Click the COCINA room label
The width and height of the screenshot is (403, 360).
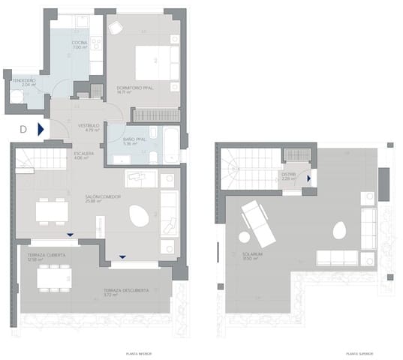point(80,43)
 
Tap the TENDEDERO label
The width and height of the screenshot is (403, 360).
point(23,80)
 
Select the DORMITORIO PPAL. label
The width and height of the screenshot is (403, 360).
point(135,88)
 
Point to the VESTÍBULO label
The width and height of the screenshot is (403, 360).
point(89,126)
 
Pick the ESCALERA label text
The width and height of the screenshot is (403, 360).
point(83,153)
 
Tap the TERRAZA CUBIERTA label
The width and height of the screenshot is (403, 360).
point(47,256)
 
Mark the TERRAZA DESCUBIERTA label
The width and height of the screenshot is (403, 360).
point(125,290)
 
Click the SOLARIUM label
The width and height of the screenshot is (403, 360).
point(251,254)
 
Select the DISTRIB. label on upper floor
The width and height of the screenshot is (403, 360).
point(289,175)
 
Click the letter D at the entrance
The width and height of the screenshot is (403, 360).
point(23,129)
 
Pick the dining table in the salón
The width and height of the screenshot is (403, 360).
point(52,210)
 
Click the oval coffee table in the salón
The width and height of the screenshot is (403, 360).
point(139,217)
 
